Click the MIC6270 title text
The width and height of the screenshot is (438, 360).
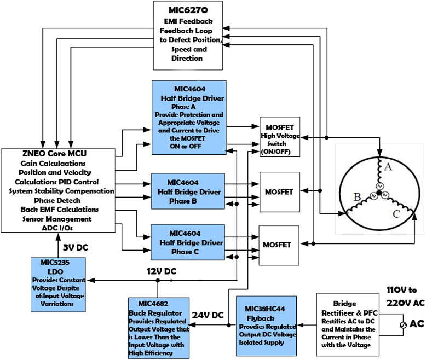tap(187, 10)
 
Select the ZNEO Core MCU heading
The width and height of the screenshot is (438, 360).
tap(59, 155)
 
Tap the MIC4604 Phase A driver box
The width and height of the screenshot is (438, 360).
tap(189, 117)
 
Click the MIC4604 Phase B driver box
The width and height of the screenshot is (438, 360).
tap(188, 191)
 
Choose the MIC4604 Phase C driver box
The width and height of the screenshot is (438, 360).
tap(188, 242)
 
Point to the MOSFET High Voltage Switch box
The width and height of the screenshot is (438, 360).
tap(280, 137)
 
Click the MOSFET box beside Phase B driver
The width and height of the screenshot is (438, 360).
tap(280, 192)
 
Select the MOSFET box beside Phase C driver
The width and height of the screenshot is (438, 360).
tap(280, 245)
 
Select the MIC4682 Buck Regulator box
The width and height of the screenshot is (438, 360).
tap(159, 327)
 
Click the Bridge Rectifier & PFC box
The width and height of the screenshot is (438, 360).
tap(355, 324)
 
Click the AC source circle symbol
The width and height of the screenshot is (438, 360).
tap(404, 324)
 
